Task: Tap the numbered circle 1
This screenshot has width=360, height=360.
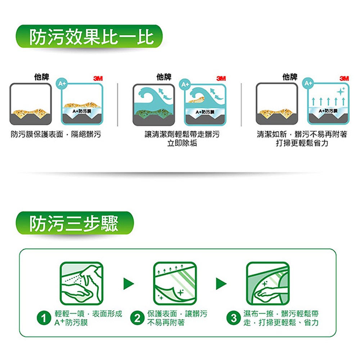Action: pos(44,318)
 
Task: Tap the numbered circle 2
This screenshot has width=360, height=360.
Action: pos(137,318)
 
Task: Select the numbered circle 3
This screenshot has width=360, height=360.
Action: pos(234,318)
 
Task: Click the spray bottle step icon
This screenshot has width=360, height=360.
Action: pos(81,284)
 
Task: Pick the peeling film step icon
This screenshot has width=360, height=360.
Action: pos(175,284)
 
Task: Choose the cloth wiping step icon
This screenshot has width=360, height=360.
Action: pos(268,284)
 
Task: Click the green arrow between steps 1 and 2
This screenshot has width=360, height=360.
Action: pos(129,284)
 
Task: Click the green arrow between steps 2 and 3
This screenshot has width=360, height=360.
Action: pos(221,284)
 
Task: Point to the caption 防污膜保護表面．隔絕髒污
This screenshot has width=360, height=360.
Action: pos(56,134)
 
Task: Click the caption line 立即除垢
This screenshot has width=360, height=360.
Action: pos(182,143)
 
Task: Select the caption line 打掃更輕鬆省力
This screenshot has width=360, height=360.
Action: pos(302,143)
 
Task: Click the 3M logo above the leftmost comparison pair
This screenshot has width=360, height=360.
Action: pos(98,78)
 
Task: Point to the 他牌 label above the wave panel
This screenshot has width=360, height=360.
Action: pos(164,77)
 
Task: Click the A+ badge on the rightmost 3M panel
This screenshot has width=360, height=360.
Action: pos(308,84)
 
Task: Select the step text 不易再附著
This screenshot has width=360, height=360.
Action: pos(166,323)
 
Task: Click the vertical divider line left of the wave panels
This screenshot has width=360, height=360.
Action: pos(118,105)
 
